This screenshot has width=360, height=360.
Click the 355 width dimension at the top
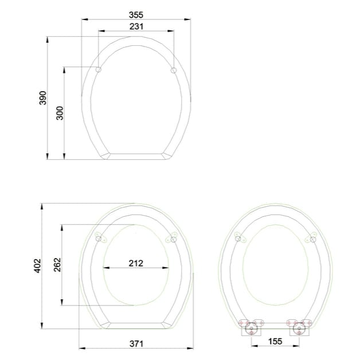click(136, 14)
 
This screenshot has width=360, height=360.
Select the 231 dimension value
click(136, 26)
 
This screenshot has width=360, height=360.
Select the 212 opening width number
click(136, 263)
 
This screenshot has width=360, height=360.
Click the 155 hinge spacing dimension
click(275, 341)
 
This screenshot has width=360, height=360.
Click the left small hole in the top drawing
click(98, 70)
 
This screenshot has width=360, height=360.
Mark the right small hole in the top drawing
click(174, 70)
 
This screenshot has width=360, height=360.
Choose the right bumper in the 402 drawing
click(171, 238)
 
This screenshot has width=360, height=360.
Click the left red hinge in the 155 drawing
click(250, 328)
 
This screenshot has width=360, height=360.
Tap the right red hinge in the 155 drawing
click(299, 328)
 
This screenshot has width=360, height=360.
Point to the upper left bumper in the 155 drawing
click(240, 237)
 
